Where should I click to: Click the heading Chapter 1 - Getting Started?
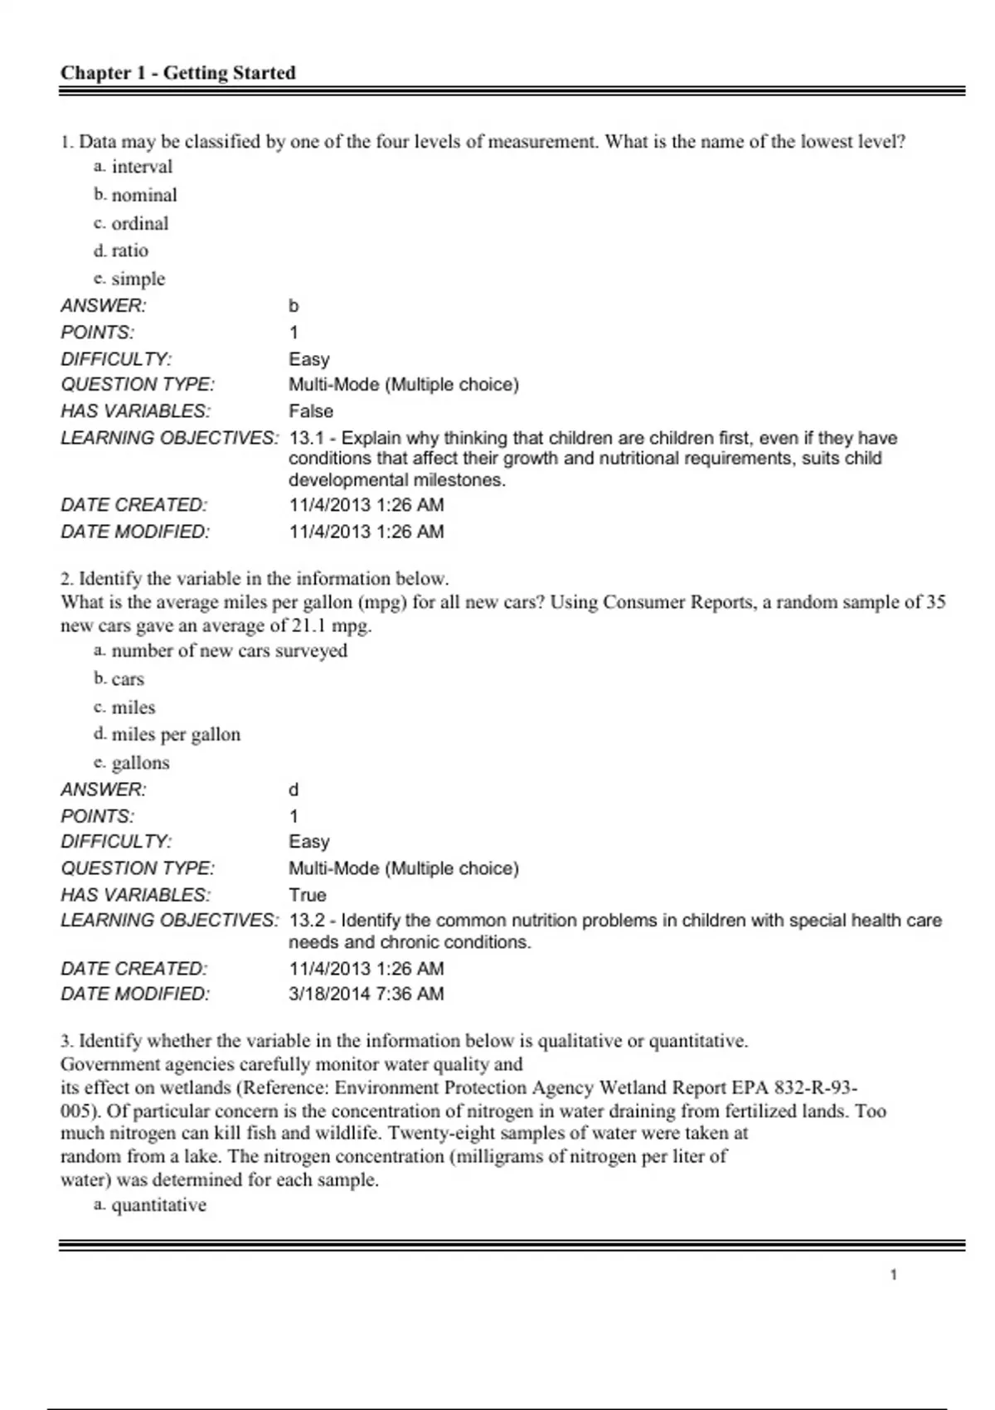pyautogui.click(x=177, y=73)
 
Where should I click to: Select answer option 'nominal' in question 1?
pyautogui.click(x=143, y=195)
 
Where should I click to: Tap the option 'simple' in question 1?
pyautogui.click(x=138, y=279)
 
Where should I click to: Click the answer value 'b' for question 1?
pyautogui.click(x=294, y=306)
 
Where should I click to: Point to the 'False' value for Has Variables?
pyautogui.click(x=311, y=411)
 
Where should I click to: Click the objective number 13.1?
pyautogui.click(x=307, y=438)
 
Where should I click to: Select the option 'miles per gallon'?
pyautogui.click(x=175, y=735)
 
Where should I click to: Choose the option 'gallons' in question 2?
pyautogui.click(x=140, y=763)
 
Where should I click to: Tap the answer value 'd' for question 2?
pyautogui.click(x=294, y=790)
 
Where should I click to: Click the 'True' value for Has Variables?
pyautogui.click(x=308, y=895)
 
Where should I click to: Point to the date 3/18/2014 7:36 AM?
pyautogui.click(x=366, y=994)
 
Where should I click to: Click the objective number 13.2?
pyautogui.click(x=307, y=921)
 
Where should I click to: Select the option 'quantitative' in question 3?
pyautogui.click(x=158, y=1205)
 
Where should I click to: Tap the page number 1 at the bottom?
pyautogui.click(x=893, y=1275)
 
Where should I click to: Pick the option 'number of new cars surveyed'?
pyautogui.click(x=229, y=651)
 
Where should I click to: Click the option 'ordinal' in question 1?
pyautogui.click(x=139, y=223)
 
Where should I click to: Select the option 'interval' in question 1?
pyautogui.click(x=142, y=167)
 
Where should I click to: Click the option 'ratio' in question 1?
pyautogui.click(x=129, y=250)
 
